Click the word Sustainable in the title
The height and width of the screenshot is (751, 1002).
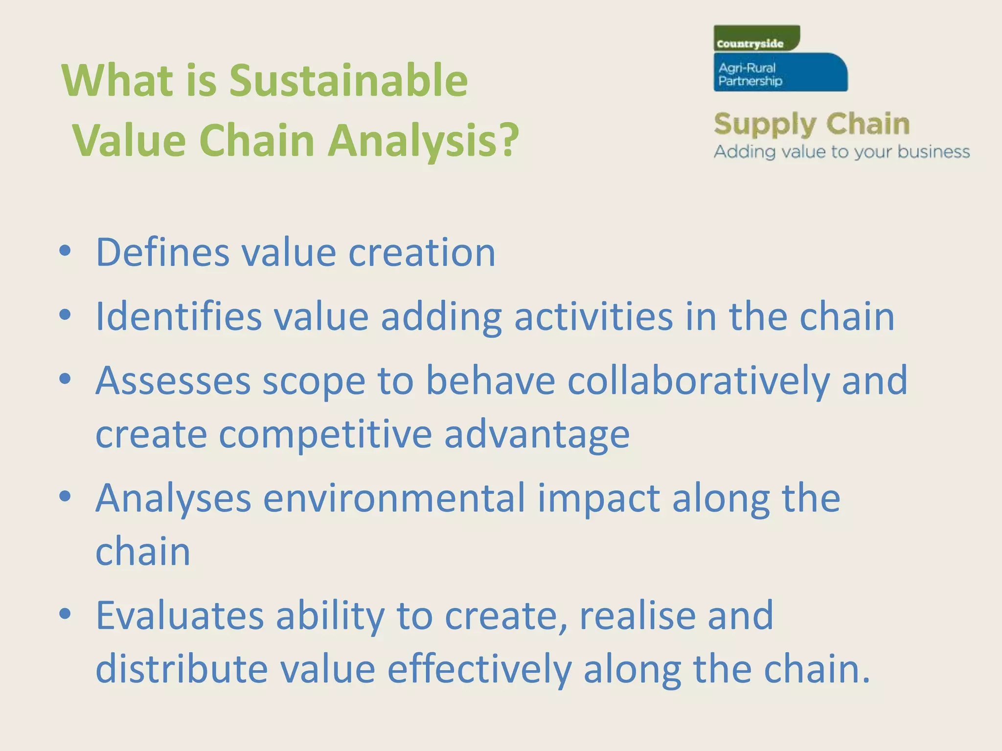coord(348,81)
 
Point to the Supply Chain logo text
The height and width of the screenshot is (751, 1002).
coord(811,124)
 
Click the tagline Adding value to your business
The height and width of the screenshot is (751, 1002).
coord(842,152)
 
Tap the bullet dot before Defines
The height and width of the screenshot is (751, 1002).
coord(65,251)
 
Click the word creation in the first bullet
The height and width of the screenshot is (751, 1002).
coord(422,253)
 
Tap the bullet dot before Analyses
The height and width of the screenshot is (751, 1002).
coord(65,497)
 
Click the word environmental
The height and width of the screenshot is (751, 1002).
coord(394,498)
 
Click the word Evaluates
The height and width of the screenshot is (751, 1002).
coord(180,616)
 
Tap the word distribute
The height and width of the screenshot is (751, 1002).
coord(182,669)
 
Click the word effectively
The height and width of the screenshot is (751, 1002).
coord(479,669)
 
